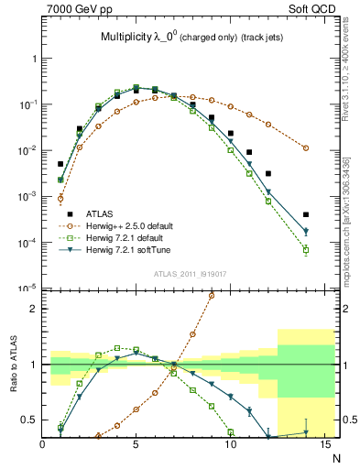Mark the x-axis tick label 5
(x=136, y=446)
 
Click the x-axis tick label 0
(x=42, y=446)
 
